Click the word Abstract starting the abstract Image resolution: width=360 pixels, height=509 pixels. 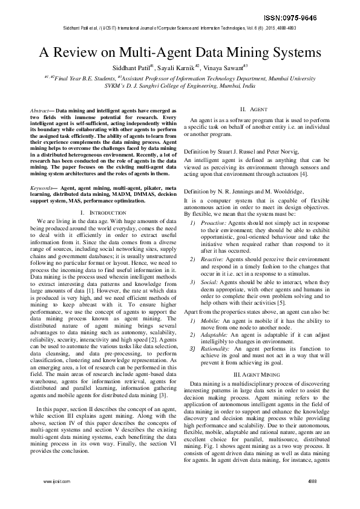tap(41, 111)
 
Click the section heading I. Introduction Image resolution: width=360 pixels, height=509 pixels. tap(103, 213)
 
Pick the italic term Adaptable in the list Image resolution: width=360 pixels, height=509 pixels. tap(212, 334)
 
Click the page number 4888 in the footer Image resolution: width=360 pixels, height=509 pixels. tap(313, 482)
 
